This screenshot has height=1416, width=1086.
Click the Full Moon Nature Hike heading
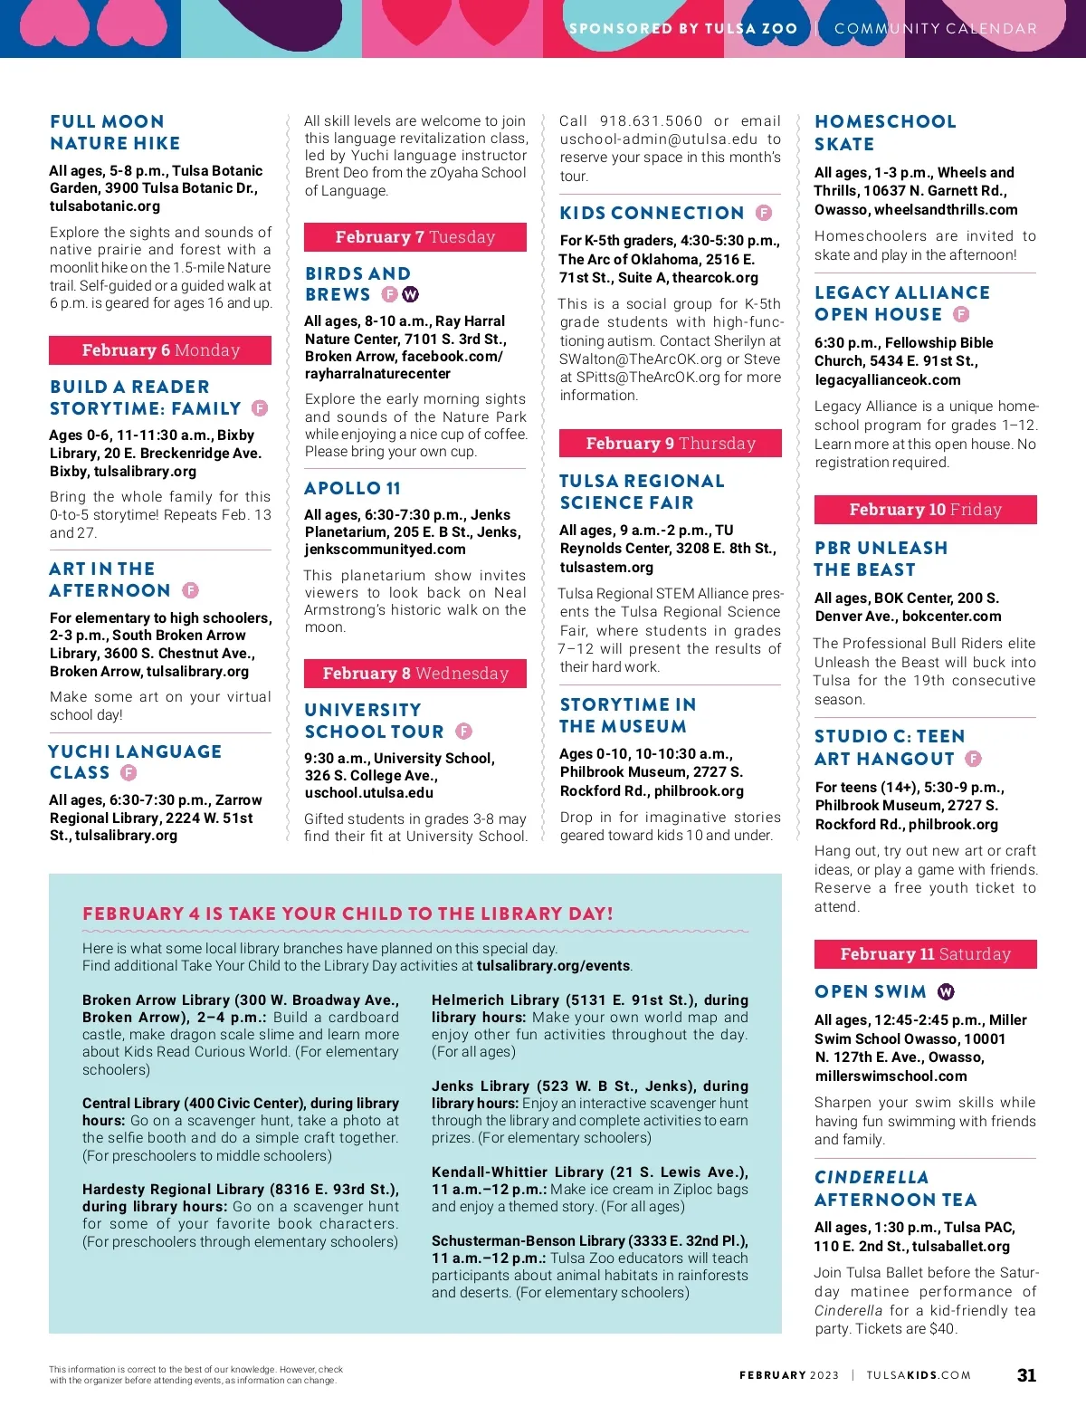(115, 132)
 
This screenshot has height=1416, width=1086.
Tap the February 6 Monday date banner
(160, 350)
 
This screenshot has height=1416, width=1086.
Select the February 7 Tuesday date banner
(414, 237)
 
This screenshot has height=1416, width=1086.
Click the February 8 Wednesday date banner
(414, 674)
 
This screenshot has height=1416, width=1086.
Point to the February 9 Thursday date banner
(670, 444)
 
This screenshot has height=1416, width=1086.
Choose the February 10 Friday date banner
(925, 510)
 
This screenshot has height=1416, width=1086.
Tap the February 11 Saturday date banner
(925, 954)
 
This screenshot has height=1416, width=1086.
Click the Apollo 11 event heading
(352, 489)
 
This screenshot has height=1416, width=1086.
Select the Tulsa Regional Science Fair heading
(642, 492)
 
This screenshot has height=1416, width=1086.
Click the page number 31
(1026, 1375)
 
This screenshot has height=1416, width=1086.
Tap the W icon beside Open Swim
(946, 992)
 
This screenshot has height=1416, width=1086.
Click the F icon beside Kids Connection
(764, 213)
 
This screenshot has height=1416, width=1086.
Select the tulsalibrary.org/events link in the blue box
(554, 966)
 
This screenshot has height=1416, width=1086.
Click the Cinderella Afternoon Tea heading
(895, 1189)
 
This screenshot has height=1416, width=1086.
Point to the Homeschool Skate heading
(884, 133)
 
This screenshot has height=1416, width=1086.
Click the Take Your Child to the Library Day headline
(348, 914)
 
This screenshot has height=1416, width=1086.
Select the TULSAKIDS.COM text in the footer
(919, 1375)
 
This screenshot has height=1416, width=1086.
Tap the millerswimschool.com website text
(891, 1076)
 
